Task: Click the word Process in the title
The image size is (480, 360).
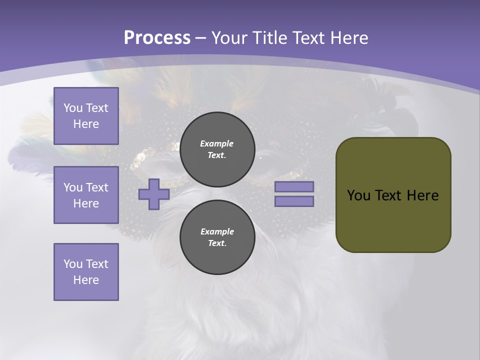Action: pos(157,38)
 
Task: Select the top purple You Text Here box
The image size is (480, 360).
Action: pos(86,116)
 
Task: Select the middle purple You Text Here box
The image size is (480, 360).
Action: pos(86,195)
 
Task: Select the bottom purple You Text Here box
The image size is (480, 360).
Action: pos(86,272)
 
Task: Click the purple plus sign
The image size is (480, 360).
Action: pos(153,194)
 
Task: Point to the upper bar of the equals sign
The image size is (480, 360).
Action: pos(294,186)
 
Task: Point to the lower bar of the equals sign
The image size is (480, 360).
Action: pos(294,201)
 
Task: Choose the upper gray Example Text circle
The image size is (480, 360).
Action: pos(217,149)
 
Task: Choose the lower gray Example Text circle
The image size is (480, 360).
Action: pos(217,237)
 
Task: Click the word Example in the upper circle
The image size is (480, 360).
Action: pos(216,143)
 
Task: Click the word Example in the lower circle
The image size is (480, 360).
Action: pos(217,231)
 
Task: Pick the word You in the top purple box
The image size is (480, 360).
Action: pos(72,108)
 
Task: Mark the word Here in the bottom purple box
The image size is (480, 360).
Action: pos(86,280)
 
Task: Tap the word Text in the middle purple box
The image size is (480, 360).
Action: pos(96,187)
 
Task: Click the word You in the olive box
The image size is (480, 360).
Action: pos(358,195)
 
